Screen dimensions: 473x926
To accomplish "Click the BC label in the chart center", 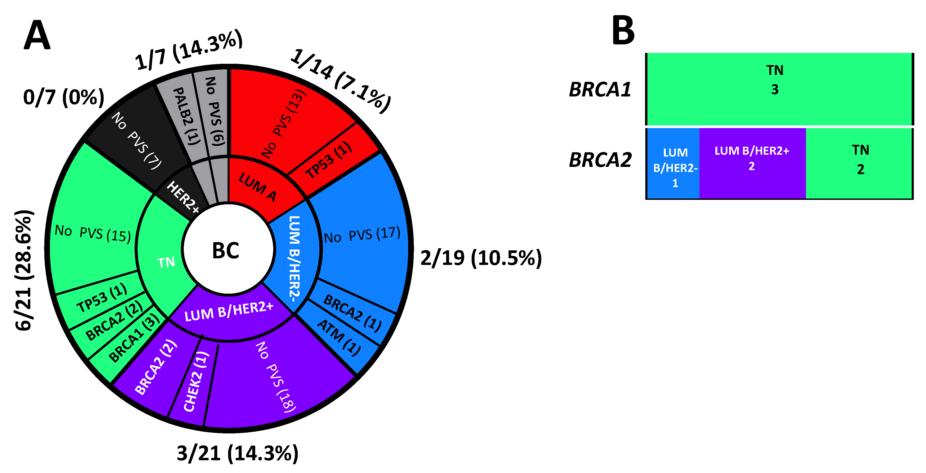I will click(x=225, y=251).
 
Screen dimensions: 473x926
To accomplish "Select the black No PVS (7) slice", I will click(x=136, y=140).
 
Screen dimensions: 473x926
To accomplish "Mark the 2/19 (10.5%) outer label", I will click(x=481, y=258).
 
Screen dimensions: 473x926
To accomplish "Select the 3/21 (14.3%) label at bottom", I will click(x=237, y=453).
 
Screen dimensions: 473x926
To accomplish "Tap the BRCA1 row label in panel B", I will click(x=600, y=90).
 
